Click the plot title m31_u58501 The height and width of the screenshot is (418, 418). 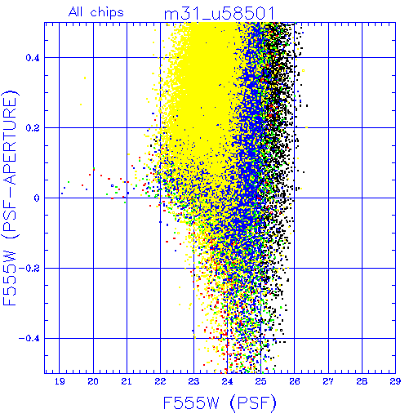click(219, 14)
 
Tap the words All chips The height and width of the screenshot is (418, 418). click(96, 12)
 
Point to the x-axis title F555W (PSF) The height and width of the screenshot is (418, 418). click(220, 402)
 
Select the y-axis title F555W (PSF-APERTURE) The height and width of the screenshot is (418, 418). click(10, 198)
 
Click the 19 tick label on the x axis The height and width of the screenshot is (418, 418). click(60, 381)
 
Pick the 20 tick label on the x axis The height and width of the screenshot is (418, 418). click(93, 381)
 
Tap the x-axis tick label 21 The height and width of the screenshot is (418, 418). click(127, 381)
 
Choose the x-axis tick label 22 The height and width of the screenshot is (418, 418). click(160, 381)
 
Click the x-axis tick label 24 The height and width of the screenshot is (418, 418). click(227, 381)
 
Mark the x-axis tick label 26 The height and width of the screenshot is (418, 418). click(295, 381)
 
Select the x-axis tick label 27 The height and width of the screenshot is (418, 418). click(328, 381)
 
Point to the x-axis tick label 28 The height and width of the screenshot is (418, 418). click(362, 381)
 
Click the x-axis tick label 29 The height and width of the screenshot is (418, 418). click(395, 381)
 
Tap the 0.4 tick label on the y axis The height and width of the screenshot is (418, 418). click(33, 57)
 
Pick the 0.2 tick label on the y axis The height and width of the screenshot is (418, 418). click(33, 127)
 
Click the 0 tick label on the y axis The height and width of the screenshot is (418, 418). click(37, 198)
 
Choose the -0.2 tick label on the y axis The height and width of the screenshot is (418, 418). click(29, 268)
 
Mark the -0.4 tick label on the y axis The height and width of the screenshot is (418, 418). click(29, 338)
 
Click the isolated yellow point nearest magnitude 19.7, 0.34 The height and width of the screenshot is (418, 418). click(85, 78)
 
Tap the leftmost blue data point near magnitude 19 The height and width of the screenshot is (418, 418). click(62, 193)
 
